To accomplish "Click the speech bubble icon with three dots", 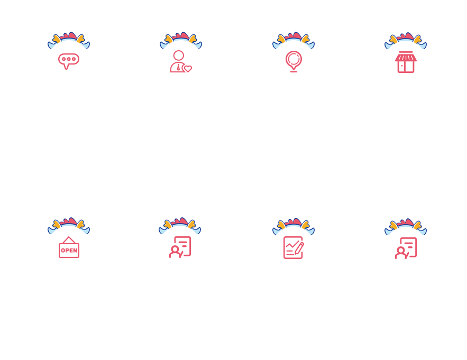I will point(68,61).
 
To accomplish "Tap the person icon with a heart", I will point(180,62).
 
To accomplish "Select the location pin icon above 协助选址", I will point(294,61).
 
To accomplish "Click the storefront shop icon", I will point(406,62).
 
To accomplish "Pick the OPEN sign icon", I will point(69,247).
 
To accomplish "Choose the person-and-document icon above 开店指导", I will point(180,247).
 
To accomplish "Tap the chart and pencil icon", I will point(294,247).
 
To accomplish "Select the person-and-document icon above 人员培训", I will point(406,248).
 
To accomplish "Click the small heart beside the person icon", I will point(188,69).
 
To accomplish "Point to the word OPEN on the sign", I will point(69,250).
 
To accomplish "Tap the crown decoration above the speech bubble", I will point(69,39).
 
